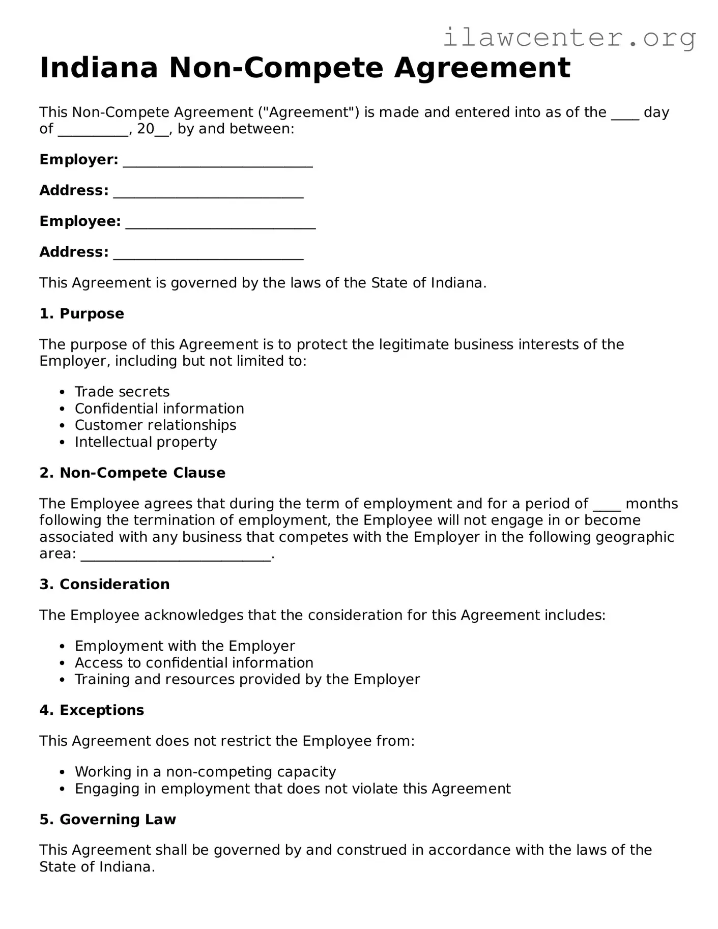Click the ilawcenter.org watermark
(x=569, y=38)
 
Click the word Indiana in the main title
(x=99, y=68)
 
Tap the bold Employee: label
(x=80, y=221)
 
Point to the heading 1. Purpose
(x=81, y=313)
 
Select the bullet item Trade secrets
(x=122, y=392)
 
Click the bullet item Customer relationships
(x=155, y=425)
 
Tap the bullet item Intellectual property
(x=146, y=442)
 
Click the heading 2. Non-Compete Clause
(x=132, y=473)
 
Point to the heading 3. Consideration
(x=104, y=584)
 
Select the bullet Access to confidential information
(x=194, y=663)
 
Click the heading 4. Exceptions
(x=92, y=710)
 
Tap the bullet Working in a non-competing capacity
(x=205, y=772)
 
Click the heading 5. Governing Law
(x=107, y=820)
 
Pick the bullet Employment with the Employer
(x=185, y=646)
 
